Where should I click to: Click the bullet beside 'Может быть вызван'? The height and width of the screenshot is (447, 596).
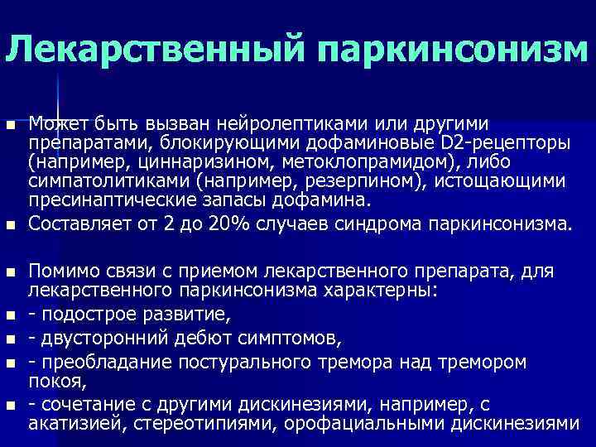click(10, 126)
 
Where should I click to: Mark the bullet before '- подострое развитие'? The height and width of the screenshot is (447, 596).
click(10, 315)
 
